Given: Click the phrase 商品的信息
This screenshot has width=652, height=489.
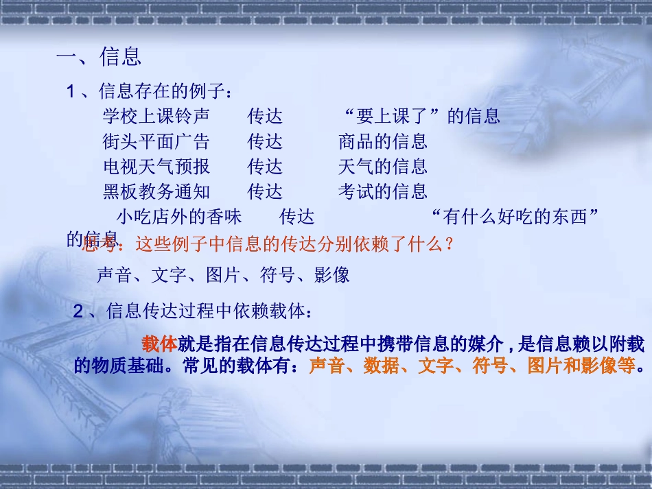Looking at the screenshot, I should (382, 141).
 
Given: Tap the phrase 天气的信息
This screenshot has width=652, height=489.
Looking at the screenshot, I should (382, 166).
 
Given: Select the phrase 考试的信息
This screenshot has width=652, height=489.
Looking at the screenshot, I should (382, 191).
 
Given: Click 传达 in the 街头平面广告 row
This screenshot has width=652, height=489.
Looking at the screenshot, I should (265, 141).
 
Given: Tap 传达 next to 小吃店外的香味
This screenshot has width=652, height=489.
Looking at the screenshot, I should (296, 217).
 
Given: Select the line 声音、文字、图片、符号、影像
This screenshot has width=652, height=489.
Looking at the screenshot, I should (223, 275).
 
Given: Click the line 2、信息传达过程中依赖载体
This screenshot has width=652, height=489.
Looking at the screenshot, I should (193, 311).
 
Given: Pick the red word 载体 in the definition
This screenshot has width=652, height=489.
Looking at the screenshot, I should (160, 344).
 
